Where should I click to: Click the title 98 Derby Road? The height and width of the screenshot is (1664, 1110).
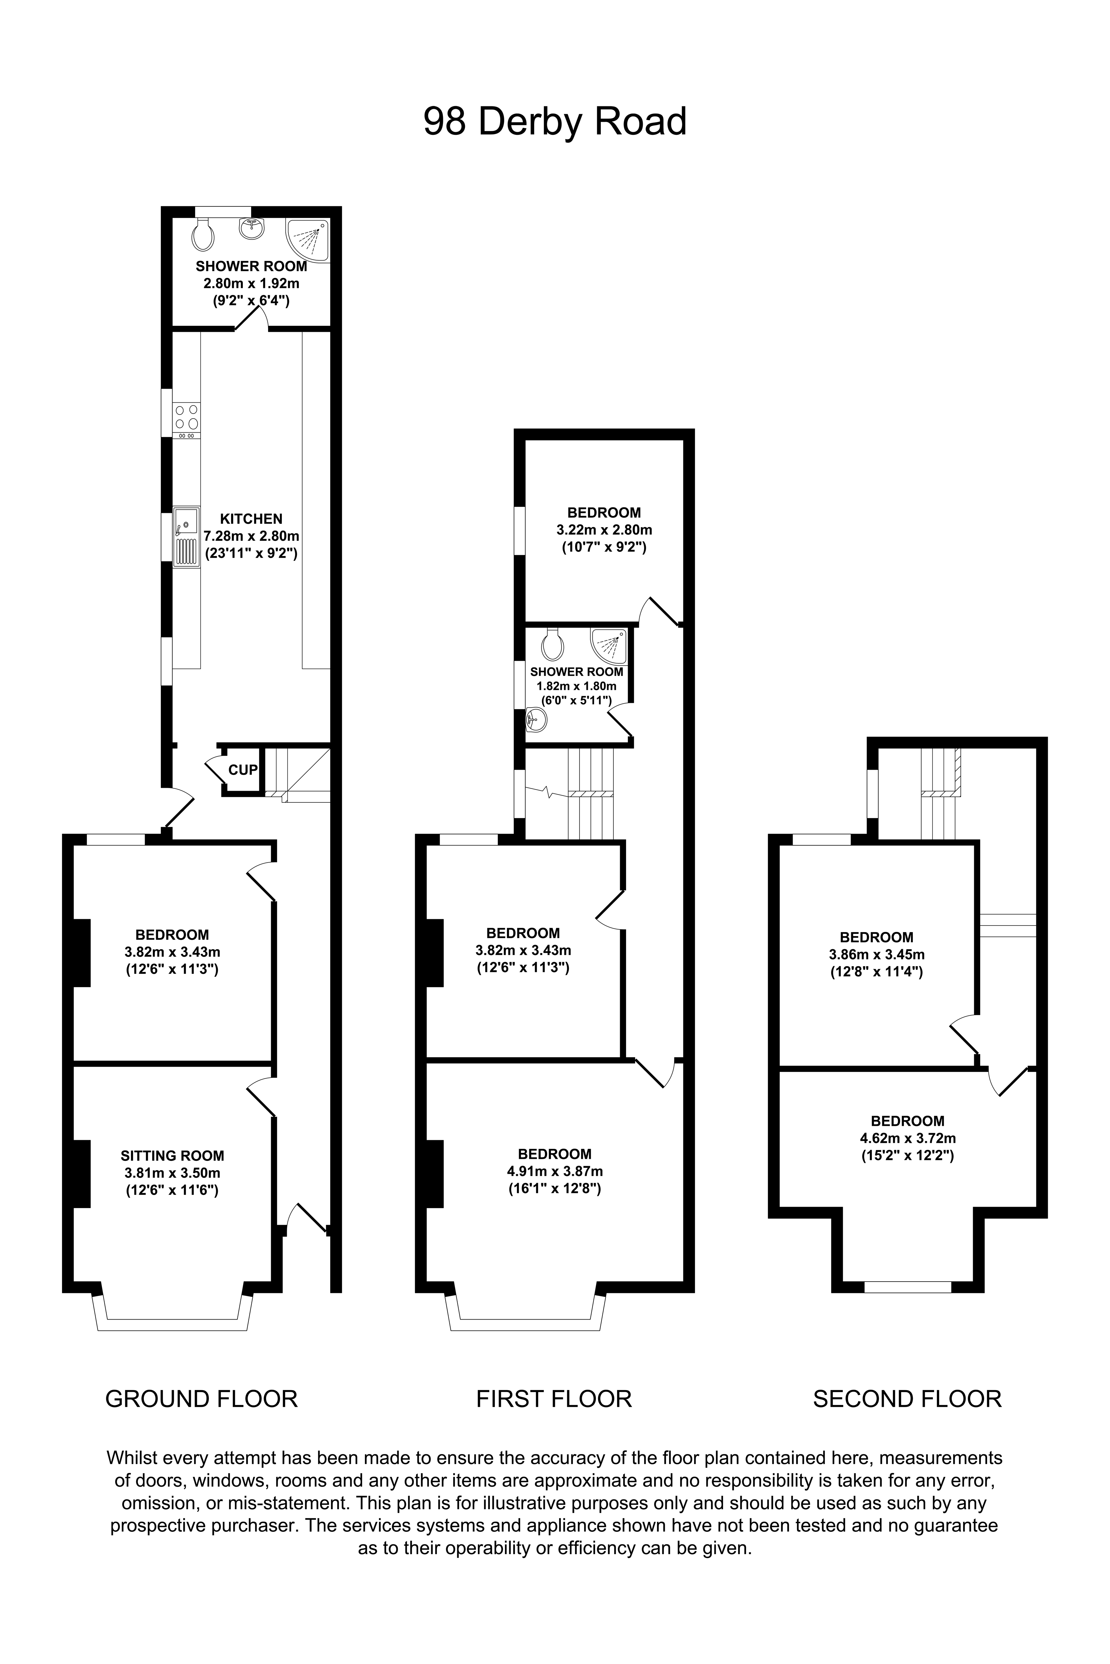coord(555,122)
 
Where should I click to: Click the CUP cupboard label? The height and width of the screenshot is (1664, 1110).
coord(243,770)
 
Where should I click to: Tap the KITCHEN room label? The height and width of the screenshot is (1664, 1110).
coord(251,519)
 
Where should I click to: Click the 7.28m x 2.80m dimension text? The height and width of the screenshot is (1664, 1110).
coord(251,536)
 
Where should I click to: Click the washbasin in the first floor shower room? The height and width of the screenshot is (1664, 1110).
coord(537,721)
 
